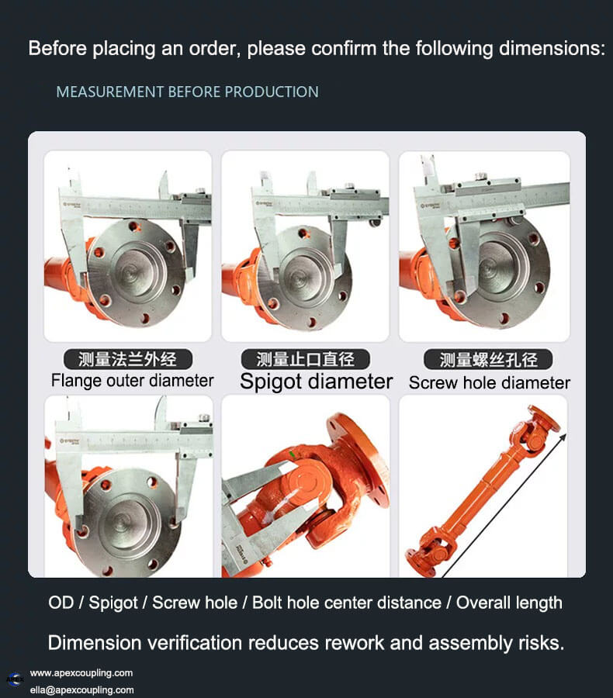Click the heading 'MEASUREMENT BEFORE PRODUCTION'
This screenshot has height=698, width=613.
tap(187, 92)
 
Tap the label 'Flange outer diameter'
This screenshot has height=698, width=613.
tap(133, 381)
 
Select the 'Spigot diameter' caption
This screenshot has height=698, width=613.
tap(317, 382)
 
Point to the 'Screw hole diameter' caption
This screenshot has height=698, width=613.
tap(490, 383)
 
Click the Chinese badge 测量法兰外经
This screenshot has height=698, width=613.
tap(128, 359)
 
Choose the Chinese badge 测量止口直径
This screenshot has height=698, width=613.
tap(306, 359)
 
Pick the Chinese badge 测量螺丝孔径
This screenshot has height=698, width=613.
tap(488, 360)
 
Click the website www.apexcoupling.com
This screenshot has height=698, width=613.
tap(81, 673)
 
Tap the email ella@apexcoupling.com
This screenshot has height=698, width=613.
tap(82, 690)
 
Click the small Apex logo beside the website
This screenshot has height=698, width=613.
tap(16, 679)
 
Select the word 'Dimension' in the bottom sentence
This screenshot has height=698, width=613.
tap(95, 643)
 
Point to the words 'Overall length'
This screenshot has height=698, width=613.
tap(509, 603)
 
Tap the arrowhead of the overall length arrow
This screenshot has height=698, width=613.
tap(563, 437)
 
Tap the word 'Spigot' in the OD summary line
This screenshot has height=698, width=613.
tap(113, 603)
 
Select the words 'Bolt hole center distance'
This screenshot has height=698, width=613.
tap(347, 603)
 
